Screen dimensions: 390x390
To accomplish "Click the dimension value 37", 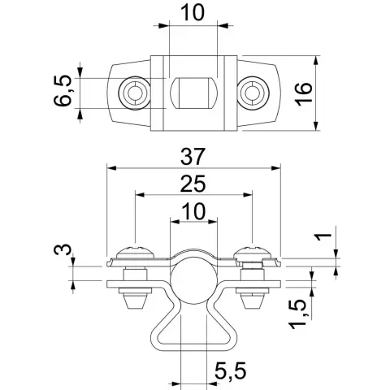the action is pos(192,157).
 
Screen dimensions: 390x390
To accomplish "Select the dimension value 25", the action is pos(193,184).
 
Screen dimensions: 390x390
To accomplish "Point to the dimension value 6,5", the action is pos(63,92).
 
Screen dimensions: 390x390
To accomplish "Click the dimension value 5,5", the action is pos(231,371).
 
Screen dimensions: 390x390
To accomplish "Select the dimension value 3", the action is pos(63,249).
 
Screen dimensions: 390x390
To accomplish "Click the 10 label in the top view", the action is pos(193,13).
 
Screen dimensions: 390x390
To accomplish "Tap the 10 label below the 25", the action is pos(193,211).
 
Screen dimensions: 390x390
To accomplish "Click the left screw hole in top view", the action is pos(134,93).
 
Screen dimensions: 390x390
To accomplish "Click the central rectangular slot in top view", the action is pos(193,93).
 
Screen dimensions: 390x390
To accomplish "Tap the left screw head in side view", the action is pos(135,252).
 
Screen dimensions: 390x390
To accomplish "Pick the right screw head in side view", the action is pos(253,252).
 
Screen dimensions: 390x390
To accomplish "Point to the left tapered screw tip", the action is pos(136,301).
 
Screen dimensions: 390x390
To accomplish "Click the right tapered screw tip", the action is pos(253,301).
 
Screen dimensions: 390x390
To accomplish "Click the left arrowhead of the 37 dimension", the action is pos(111,168).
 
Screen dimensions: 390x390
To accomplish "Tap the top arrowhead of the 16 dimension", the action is pos(316,61).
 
